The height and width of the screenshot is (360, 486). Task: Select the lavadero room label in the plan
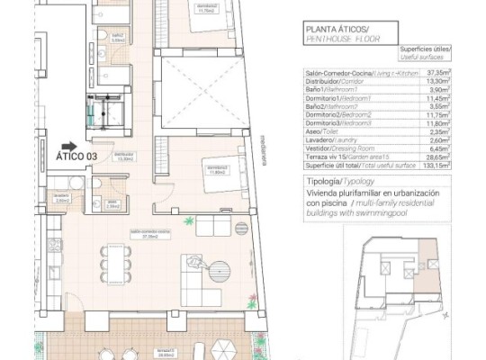tap(61, 199)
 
